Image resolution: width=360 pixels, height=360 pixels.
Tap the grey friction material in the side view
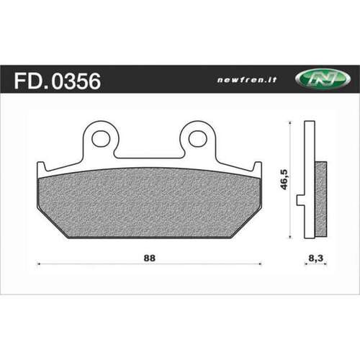click(321, 198)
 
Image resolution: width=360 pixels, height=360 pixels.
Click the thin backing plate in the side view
click(310, 180)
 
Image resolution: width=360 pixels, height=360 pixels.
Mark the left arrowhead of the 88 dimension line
click(37, 264)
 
